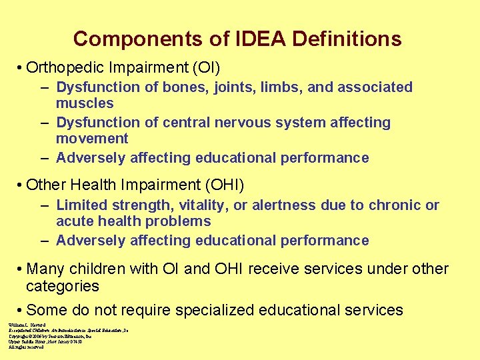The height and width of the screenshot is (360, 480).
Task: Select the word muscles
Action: [x=85, y=103]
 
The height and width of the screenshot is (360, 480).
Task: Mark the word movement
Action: [x=92, y=139]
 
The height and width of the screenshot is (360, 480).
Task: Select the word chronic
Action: [x=393, y=205]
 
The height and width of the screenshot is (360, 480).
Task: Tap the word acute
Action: [x=76, y=221]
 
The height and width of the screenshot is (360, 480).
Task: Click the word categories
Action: [x=63, y=287]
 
